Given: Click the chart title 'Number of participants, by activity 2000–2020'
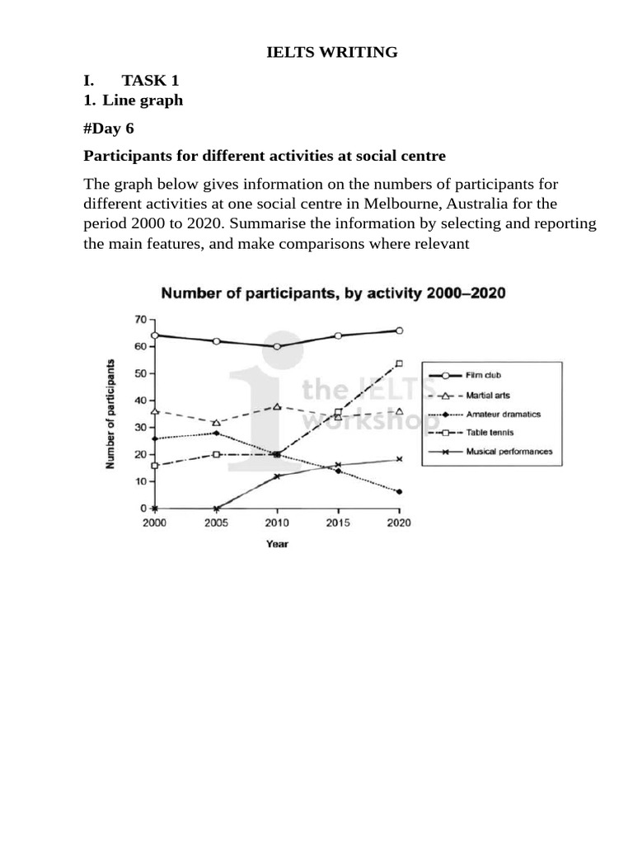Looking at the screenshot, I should pos(332,293).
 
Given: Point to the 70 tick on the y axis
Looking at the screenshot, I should pos(141,319).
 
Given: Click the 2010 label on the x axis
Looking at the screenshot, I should pos(277,523).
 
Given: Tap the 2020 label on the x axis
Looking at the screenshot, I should pos(400,523).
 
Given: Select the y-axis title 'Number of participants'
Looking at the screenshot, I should pos(110,415).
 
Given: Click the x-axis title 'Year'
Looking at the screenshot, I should pos(277,544).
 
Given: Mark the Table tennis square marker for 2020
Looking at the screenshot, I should pos(400,363).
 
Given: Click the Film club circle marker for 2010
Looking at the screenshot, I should pos(277,347).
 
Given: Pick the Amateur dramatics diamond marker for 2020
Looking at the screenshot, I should pos(400,492).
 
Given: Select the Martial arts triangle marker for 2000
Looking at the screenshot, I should pos(154,410).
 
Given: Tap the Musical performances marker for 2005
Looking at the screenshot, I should pos(216,509).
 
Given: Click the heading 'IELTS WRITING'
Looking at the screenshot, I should pos(331,53).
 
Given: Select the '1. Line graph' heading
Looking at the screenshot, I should pos(134,101).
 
